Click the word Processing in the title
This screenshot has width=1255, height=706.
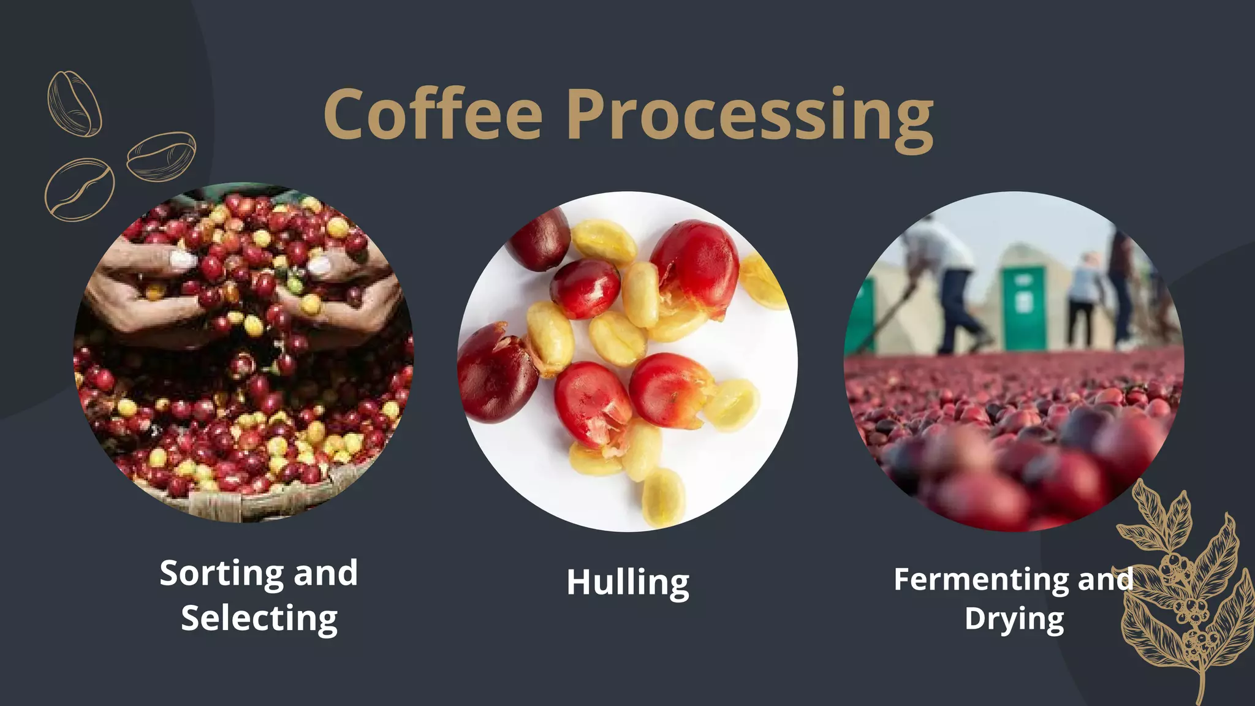tap(750, 116)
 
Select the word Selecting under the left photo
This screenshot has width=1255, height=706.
tap(259, 619)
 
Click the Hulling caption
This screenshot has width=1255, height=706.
tap(627, 583)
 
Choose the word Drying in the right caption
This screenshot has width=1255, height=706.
tap(1014, 619)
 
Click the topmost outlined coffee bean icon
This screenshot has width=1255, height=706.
tap(74, 103)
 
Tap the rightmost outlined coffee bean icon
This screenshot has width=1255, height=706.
tap(161, 156)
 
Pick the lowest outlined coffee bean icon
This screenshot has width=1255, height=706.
tap(79, 189)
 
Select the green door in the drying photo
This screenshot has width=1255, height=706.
tap(1024, 306)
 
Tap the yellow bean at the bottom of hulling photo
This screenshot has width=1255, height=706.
tap(662, 497)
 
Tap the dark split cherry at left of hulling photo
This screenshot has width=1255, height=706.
tap(493, 374)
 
